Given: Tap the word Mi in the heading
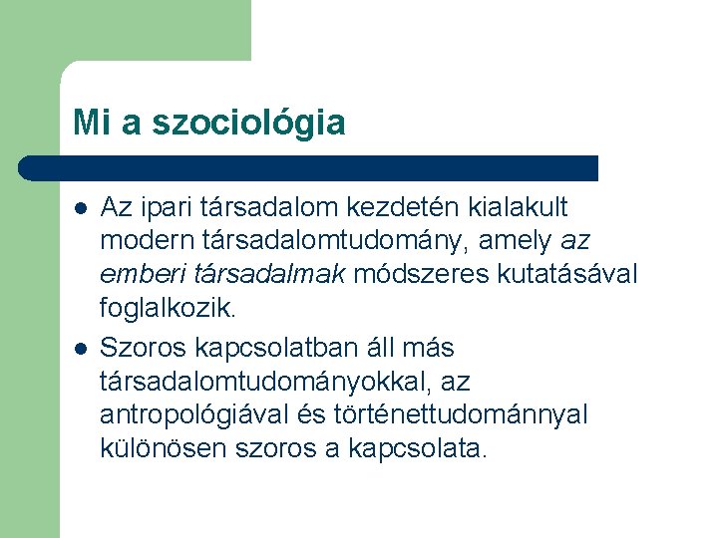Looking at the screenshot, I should [x=87, y=124].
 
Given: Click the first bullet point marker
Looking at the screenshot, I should [x=79, y=208].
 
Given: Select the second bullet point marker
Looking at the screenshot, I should [x=79, y=349].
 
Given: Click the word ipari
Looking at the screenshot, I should [x=168, y=207].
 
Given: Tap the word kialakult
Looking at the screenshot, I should [x=516, y=207].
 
